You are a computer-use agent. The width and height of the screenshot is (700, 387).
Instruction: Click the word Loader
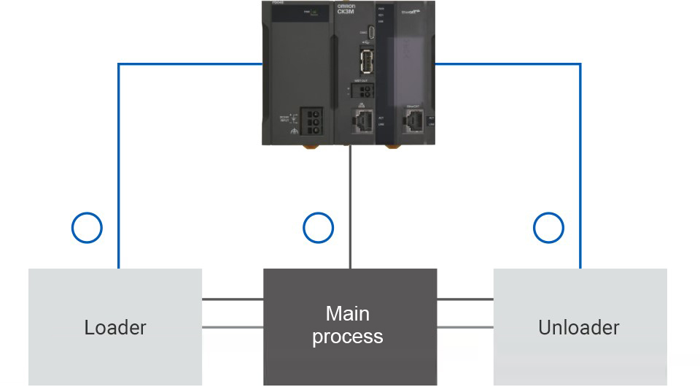click(115, 327)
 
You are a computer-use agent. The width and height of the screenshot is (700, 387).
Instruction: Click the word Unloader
click(579, 327)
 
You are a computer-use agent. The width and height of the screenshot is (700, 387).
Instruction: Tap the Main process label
click(348, 325)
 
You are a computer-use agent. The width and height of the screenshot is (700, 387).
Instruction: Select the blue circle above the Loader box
click(87, 228)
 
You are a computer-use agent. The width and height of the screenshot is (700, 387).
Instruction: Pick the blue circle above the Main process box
click(318, 228)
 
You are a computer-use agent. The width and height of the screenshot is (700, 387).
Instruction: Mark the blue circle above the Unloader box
click(548, 228)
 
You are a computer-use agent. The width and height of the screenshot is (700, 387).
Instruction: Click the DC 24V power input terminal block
click(314, 118)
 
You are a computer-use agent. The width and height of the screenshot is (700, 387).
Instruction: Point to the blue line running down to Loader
click(118, 168)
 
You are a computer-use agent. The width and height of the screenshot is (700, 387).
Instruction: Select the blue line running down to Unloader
click(580, 168)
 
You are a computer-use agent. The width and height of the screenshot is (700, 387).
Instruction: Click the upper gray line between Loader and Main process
click(232, 299)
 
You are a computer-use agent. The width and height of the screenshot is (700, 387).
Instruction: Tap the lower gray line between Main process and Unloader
click(465, 326)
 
